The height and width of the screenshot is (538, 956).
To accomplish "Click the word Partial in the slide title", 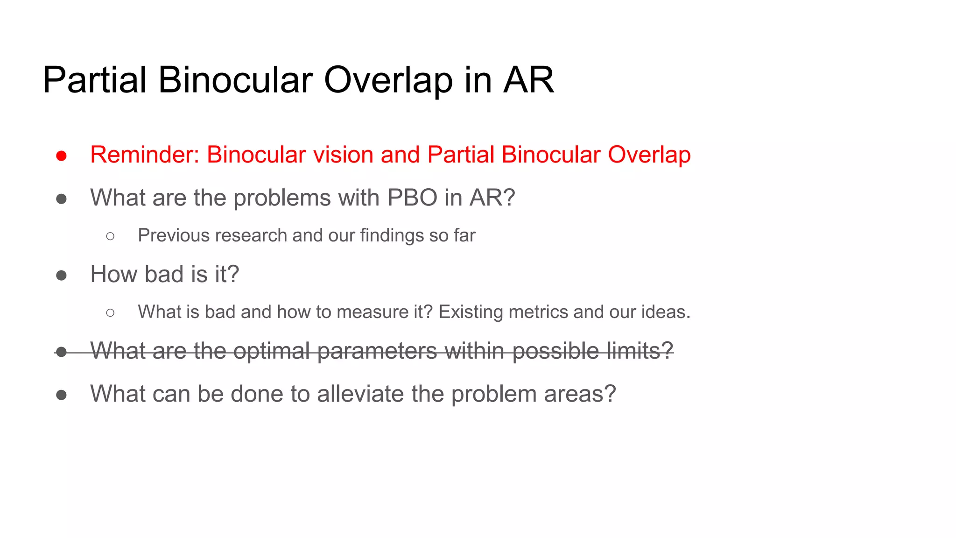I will click(x=95, y=80).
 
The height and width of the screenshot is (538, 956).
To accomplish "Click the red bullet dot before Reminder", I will click(x=61, y=156).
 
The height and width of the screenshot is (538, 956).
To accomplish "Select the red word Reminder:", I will click(x=145, y=155).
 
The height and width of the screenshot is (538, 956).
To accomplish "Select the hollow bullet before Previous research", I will click(x=110, y=236).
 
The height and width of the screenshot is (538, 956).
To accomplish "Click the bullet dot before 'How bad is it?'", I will click(x=61, y=276).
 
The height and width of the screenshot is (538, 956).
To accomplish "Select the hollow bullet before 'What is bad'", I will click(x=110, y=313).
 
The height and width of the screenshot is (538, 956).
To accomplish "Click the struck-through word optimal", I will click(x=271, y=351).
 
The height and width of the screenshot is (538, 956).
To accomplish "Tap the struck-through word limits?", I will click(x=640, y=351).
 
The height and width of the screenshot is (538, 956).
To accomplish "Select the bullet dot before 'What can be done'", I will click(x=61, y=395).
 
